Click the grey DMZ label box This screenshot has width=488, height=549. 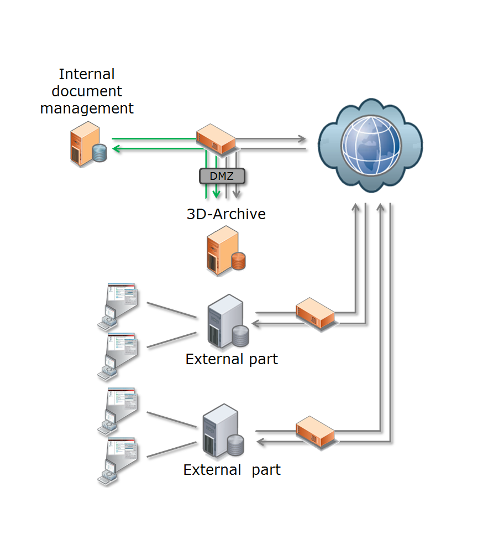[x=222, y=176]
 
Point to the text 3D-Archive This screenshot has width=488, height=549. [x=226, y=214]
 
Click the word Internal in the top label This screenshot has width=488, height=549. [x=87, y=74]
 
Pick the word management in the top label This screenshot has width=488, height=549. [x=87, y=108]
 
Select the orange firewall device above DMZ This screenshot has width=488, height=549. [x=216, y=138]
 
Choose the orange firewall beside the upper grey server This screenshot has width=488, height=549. [x=316, y=313]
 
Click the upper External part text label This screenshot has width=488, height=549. [x=232, y=359]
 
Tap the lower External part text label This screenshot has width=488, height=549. [x=232, y=470]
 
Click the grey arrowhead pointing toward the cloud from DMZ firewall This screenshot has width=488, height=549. [x=302, y=138]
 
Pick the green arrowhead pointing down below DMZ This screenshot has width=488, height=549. [x=216, y=194]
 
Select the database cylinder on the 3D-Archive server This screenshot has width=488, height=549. [x=238, y=261]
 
